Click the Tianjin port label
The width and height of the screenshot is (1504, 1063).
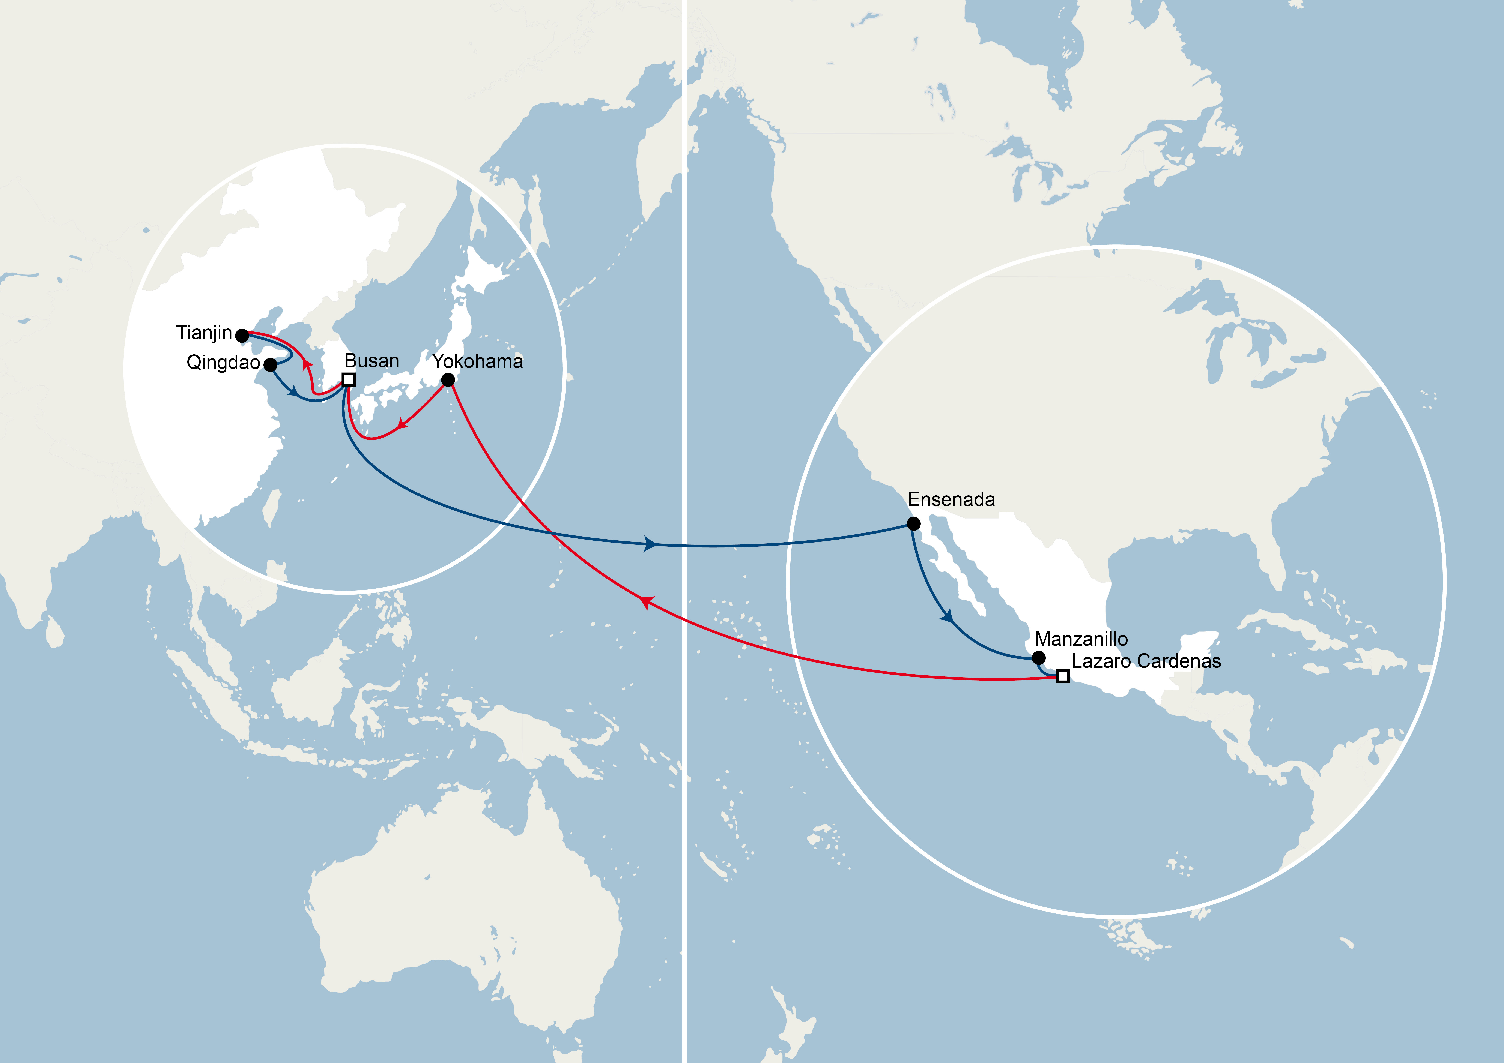204,333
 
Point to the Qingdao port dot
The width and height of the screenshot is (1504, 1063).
270,364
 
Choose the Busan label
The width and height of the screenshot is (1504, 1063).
371,361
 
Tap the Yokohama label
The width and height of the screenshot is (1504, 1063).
478,361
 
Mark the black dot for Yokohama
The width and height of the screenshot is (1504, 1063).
448,380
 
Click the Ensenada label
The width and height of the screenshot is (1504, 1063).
951,500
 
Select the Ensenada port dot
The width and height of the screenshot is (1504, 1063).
913,523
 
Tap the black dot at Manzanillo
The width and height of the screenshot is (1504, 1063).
1038,658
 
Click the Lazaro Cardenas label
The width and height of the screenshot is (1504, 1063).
1146,661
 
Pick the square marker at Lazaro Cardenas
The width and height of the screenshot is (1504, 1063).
1062,676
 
